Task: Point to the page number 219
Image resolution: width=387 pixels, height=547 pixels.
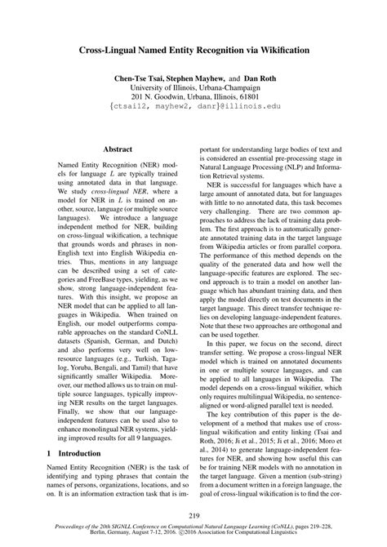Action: point(193,515)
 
